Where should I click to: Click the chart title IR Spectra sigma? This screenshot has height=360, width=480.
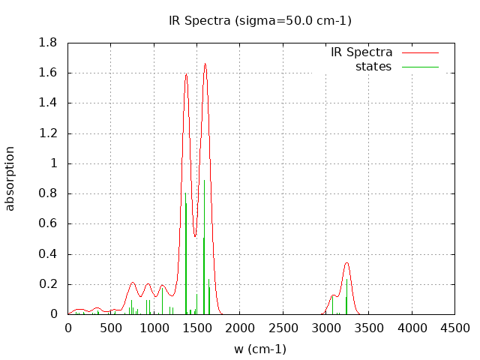tap(259, 20)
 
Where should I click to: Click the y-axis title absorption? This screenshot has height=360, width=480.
tap(10, 178)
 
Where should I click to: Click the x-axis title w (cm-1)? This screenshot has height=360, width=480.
tap(259, 349)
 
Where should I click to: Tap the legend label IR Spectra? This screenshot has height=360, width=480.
tap(361, 52)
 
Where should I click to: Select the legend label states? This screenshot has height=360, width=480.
tap(373, 67)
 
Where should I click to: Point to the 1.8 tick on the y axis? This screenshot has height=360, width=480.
tap(48, 43)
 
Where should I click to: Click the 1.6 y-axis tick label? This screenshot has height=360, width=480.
tap(48, 73)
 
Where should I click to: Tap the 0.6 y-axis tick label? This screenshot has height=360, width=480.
tap(48, 223)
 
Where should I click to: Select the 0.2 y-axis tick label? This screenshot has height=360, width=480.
tap(48, 284)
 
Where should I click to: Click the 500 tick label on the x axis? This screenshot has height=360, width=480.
tap(111, 328)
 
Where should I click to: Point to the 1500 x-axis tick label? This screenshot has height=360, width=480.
tap(197, 328)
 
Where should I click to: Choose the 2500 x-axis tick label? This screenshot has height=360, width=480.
tap(283, 328)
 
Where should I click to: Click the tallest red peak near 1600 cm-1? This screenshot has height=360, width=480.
tap(205, 64)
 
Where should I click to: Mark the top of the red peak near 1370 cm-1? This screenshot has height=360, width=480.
tap(186, 73)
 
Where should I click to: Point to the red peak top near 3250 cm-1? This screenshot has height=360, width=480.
tap(346, 262)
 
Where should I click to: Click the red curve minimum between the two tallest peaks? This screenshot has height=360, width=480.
tap(195, 237)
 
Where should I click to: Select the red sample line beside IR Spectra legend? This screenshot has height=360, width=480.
tap(420, 52)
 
